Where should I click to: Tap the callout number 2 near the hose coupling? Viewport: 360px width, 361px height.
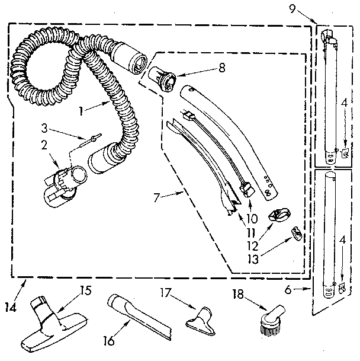[44, 144]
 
